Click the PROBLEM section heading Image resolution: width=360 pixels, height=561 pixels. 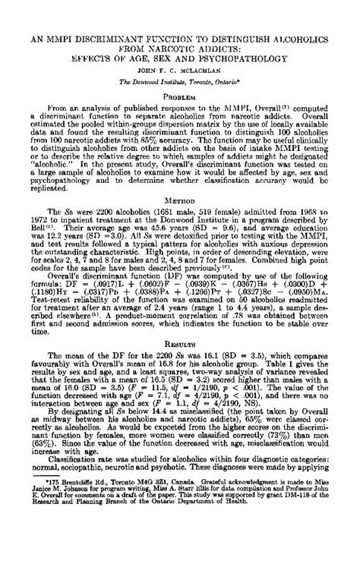(180, 98)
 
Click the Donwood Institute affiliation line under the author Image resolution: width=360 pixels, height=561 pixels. (180, 78)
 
